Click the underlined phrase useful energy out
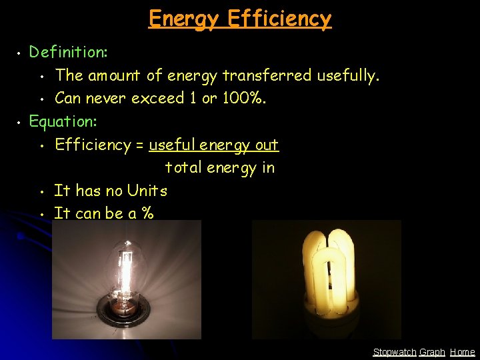point(213,145)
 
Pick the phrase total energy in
point(219,167)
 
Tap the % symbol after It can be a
point(147,213)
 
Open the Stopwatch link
point(395,352)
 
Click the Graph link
point(432,352)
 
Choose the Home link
point(463,352)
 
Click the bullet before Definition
point(20,52)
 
